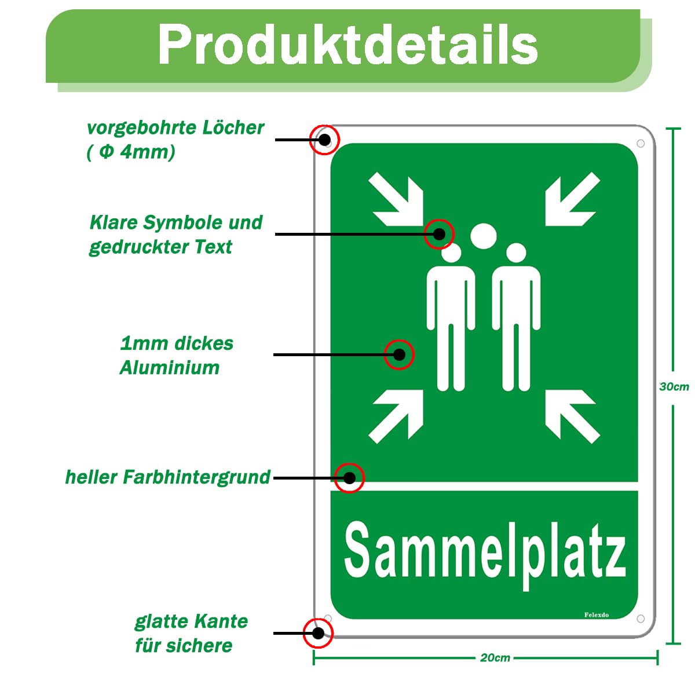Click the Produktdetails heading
point(348,45)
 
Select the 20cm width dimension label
point(495,658)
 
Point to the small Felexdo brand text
point(596,615)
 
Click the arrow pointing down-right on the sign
point(396,199)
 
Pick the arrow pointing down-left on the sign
point(573,199)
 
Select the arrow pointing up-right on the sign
point(396,416)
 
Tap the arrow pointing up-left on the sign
point(573,416)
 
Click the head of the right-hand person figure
point(516,253)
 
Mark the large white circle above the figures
point(483,236)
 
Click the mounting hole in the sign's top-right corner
point(641,144)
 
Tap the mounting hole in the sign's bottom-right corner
point(641,619)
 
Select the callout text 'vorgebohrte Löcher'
point(175,128)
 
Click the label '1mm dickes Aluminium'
point(177,356)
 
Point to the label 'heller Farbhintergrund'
point(168,477)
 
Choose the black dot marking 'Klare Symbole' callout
point(439,234)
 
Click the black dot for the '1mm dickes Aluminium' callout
point(399,354)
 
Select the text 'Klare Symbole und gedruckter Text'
point(175,235)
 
